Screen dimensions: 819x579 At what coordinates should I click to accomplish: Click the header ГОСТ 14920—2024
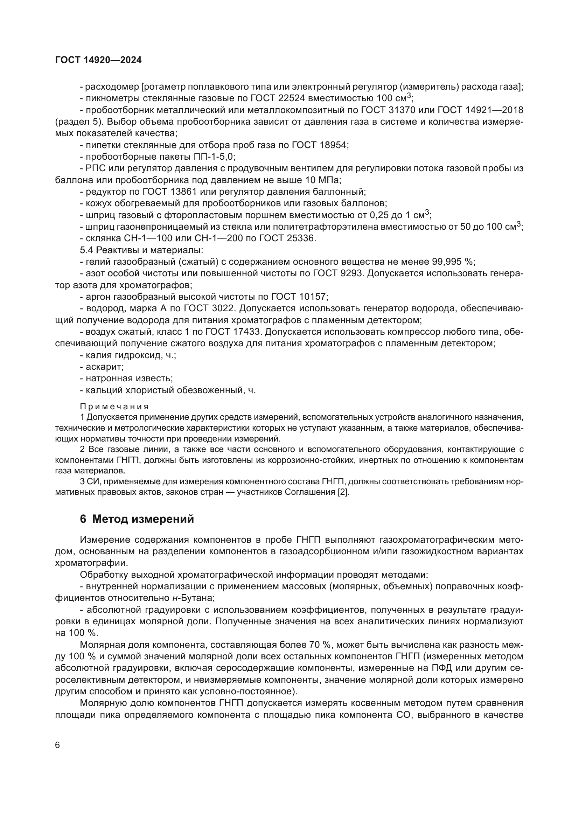point(98,60)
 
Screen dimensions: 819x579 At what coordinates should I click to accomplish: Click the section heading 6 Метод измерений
point(137,519)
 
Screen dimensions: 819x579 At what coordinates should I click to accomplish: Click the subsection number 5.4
point(86,250)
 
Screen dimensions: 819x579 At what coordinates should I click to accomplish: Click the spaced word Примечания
point(114,407)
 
